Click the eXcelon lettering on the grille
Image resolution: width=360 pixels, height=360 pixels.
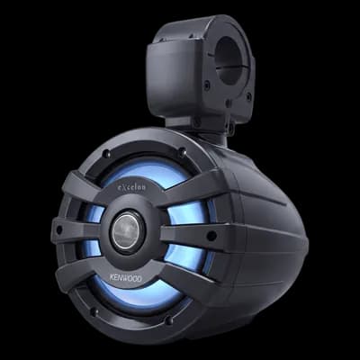click(131, 187)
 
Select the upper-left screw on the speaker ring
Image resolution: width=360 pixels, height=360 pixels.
click(105, 154)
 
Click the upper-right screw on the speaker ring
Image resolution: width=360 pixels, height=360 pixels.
click(183, 152)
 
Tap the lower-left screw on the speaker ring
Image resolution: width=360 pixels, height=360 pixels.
click(94, 311)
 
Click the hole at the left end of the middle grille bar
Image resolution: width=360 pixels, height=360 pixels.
click(59, 230)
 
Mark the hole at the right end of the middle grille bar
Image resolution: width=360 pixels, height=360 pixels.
click(211, 235)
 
